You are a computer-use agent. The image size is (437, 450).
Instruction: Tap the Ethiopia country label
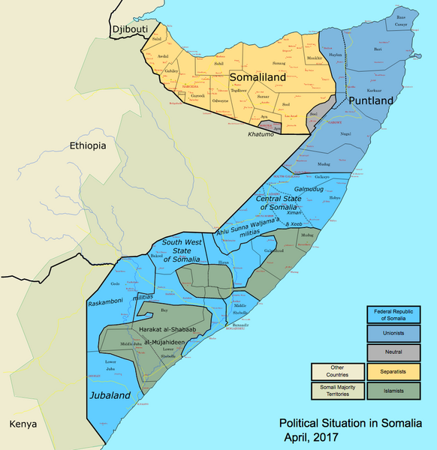point(89,145)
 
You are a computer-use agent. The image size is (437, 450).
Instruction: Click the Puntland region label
point(370,100)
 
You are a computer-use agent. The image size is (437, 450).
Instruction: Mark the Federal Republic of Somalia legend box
point(393,313)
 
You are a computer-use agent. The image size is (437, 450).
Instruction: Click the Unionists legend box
point(393,332)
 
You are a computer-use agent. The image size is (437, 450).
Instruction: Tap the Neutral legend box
point(393,351)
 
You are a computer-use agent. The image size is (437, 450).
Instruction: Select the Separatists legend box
point(393,370)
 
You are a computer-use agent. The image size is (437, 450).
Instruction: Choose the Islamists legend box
point(393,390)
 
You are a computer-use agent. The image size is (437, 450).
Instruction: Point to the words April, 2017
point(310,436)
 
